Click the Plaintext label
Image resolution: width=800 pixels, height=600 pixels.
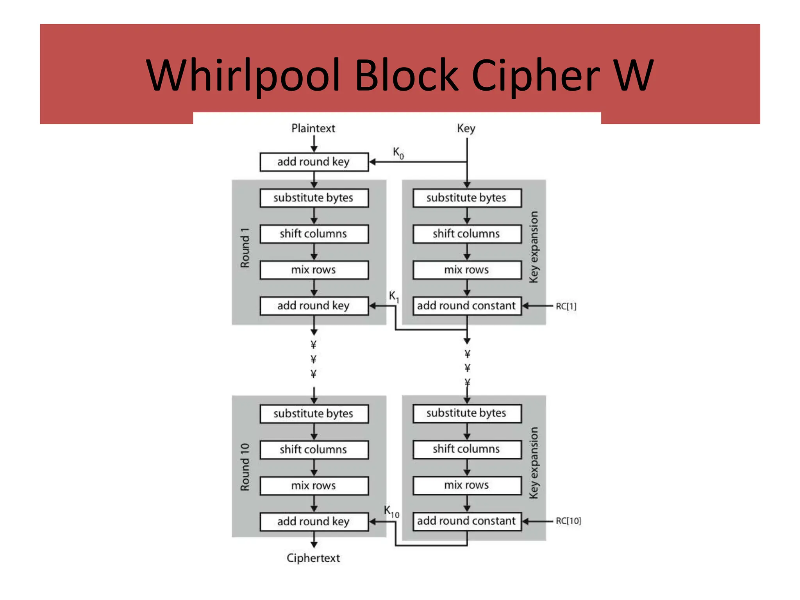(x=313, y=128)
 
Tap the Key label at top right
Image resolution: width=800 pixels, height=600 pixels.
(x=466, y=128)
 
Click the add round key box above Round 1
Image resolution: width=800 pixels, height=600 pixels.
(x=314, y=162)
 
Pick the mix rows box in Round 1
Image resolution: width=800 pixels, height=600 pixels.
(x=314, y=270)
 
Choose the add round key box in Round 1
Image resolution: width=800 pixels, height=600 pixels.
(x=314, y=305)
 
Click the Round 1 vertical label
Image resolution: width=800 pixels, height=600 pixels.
(x=245, y=248)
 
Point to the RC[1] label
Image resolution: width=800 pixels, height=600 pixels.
(x=566, y=306)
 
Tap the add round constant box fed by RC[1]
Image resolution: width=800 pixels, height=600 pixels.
(x=466, y=305)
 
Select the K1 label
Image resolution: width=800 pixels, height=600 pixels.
(x=394, y=296)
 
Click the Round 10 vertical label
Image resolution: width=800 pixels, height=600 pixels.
(x=245, y=467)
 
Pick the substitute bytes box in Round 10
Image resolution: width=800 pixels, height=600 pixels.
(x=314, y=414)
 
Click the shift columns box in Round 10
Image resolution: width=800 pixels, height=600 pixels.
(x=314, y=450)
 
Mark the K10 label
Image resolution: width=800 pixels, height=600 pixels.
(x=391, y=511)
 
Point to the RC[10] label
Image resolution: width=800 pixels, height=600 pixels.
(x=568, y=521)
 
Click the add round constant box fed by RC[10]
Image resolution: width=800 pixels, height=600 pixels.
(x=466, y=521)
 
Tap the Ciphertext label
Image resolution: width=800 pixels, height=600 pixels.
(x=313, y=558)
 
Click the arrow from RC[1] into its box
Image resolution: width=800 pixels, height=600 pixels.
(x=537, y=306)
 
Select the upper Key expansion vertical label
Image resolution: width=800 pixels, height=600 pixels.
(x=534, y=247)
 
